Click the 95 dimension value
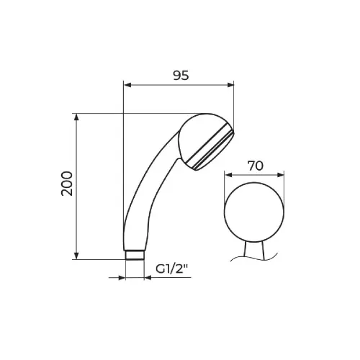click(x=181, y=76)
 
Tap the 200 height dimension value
click(x=67, y=184)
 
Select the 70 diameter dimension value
click(x=256, y=166)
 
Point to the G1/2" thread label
click(x=171, y=269)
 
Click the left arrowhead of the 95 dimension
click(x=127, y=85)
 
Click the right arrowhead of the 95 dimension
click(x=230, y=85)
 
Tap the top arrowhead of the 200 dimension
click(x=76, y=117)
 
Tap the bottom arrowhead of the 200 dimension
click(x=76, y=256)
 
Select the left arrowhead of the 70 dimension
click(x=228, y=175)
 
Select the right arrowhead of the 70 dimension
click(x=280, y=175)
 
